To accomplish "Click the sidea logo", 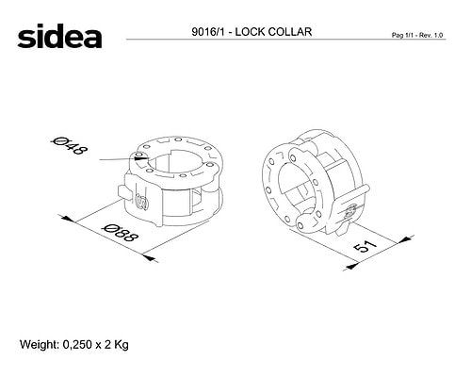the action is (x=59, y=36).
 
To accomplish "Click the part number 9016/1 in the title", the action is (x=208, y=32).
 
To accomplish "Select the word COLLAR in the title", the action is (x=290, y=32).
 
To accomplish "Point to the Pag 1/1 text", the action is (x=402, y=35).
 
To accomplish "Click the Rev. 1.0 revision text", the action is (x=430, y=35).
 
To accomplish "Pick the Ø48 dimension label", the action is (x=69, y=145).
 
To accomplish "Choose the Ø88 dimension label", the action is (x=121, y=233).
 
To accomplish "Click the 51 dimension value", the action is (x=365, y=246).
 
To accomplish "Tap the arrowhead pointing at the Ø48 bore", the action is (x=140, y=157).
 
